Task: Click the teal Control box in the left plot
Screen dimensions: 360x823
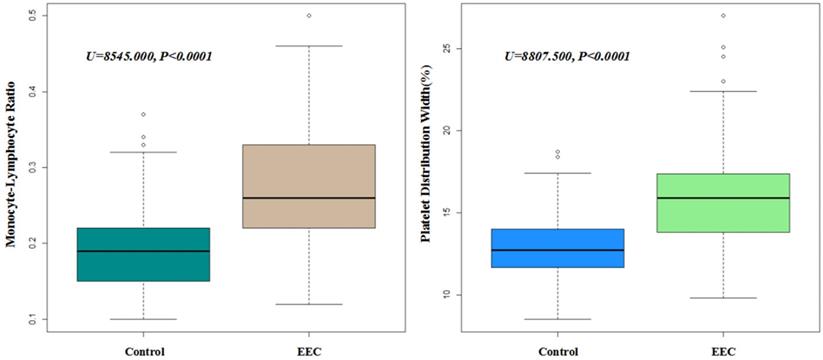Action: coord(143,254)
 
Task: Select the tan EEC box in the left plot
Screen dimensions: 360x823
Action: coord(309,186)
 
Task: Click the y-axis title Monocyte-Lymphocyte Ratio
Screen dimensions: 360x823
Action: coord(12,166)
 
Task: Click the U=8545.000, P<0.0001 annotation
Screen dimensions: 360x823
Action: coord(149,56)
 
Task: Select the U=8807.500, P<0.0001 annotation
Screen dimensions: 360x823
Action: coord(566,56)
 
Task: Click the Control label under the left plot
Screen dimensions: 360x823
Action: coord(143,351)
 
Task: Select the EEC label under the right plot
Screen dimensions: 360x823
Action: coord(723,351)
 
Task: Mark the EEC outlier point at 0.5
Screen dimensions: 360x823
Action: coord(309,16)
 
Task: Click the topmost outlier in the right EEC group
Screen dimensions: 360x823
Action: coord(723,16)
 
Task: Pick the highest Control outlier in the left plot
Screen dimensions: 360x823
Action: coord(143,114)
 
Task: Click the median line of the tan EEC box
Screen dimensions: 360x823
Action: coord(309,198)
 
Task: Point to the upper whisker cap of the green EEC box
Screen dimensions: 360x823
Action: coord(723,91)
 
